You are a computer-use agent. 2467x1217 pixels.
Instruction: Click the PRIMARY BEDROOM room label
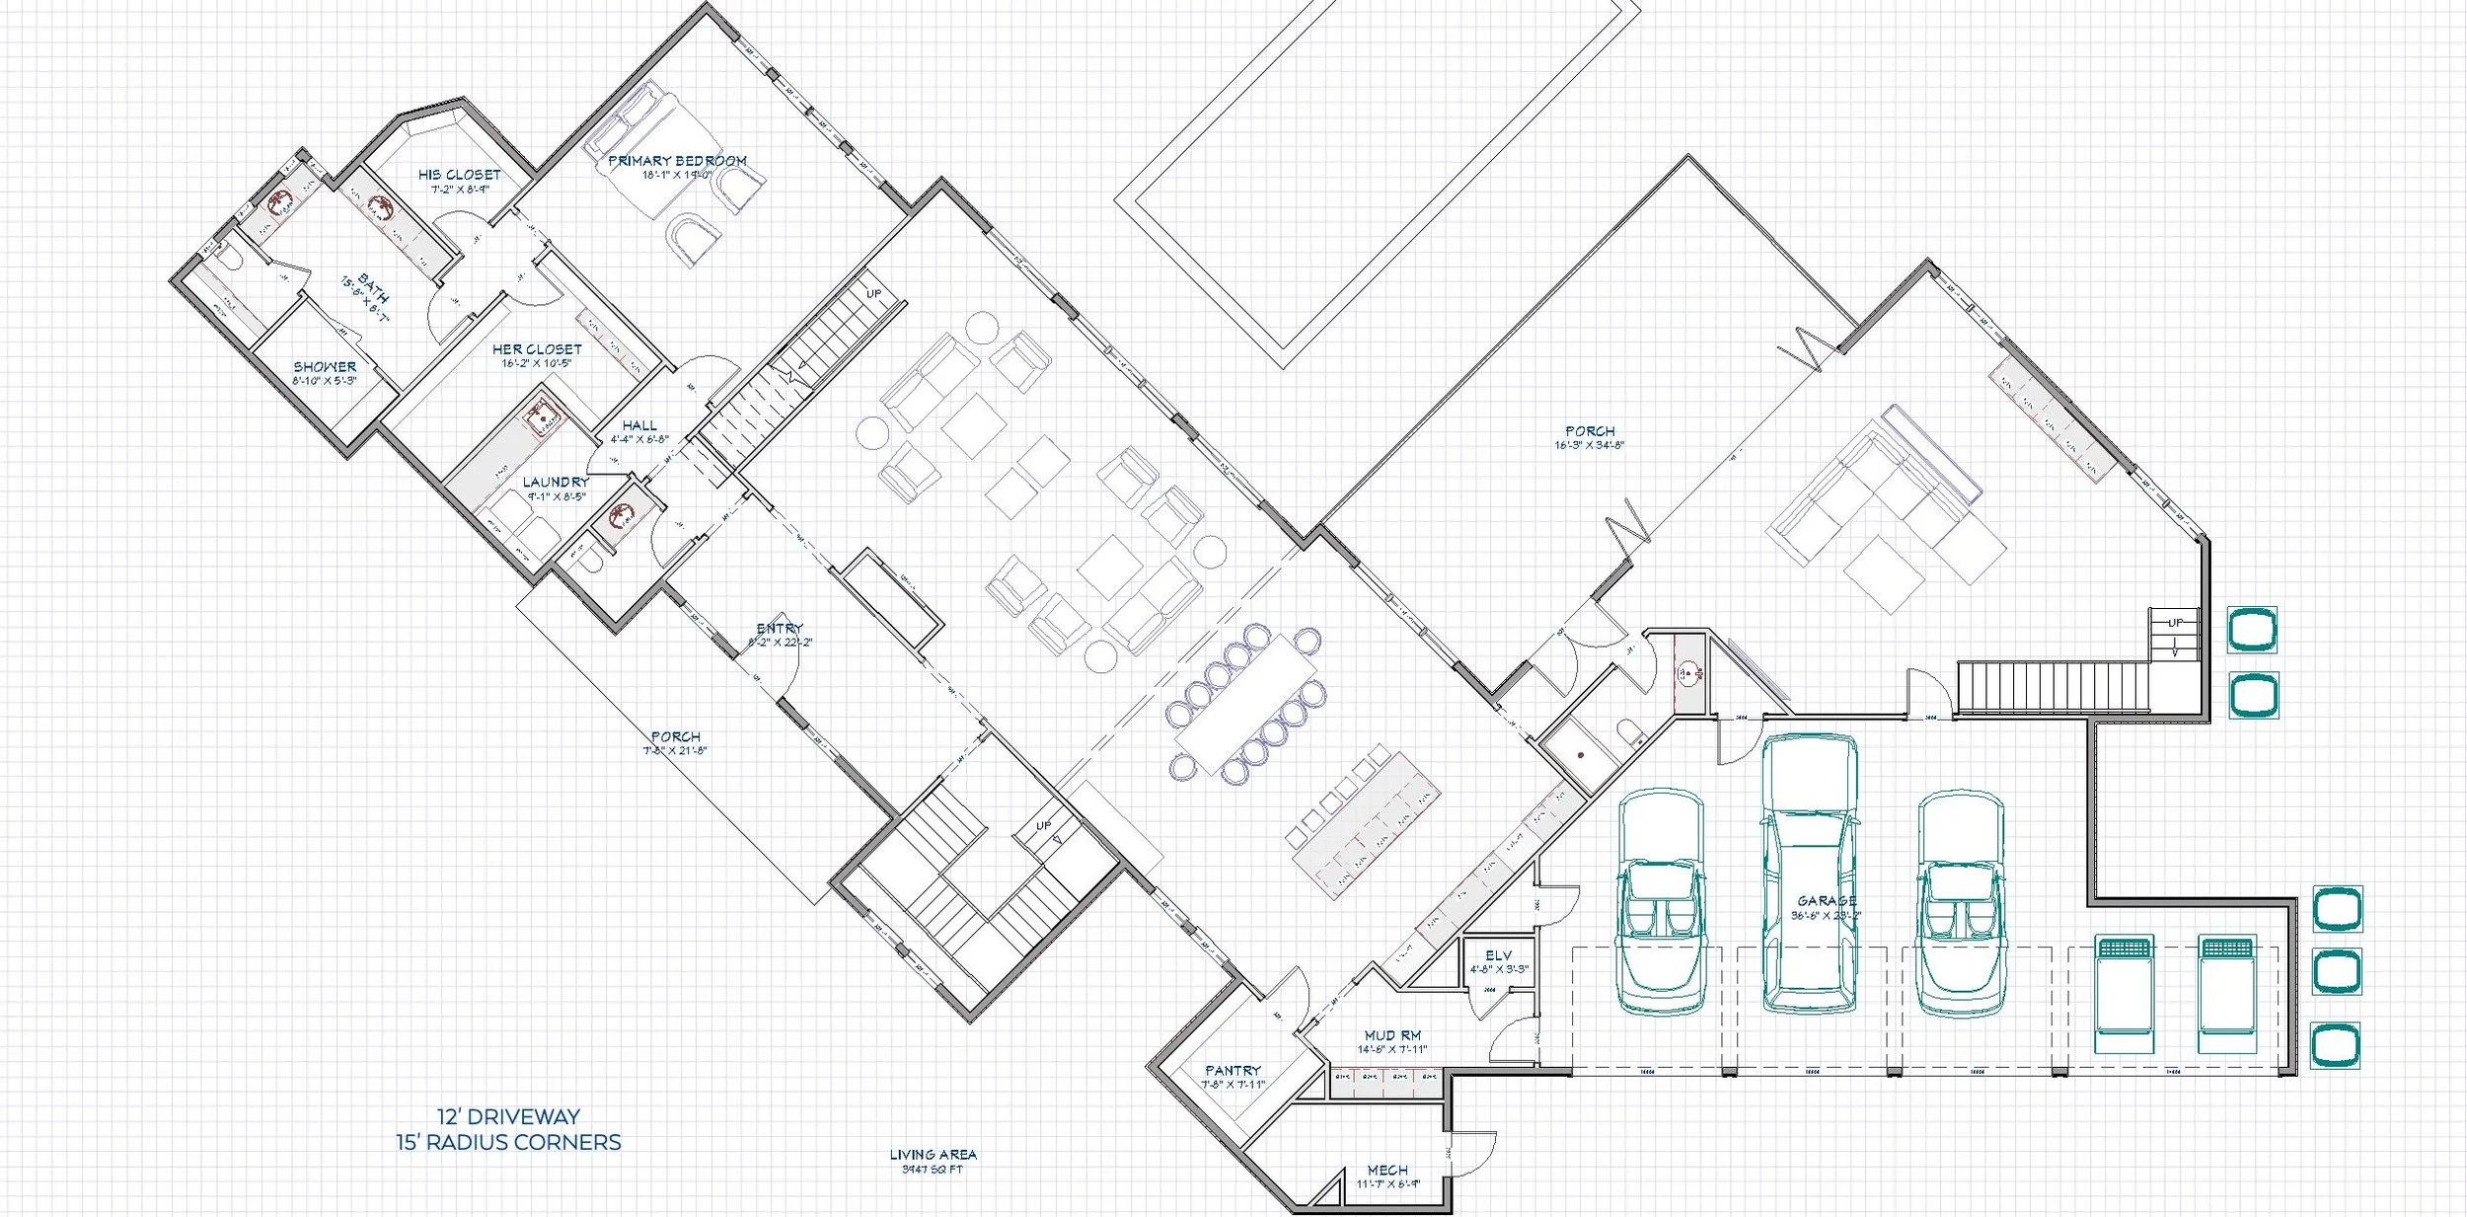click(677, 161)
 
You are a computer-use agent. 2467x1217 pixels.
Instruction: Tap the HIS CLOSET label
click(459, 175)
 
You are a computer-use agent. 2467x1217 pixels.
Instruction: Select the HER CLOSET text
click(537, 349)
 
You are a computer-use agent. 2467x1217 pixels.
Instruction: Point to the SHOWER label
click(325, 367)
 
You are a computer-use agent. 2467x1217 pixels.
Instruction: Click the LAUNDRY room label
click(556, 483)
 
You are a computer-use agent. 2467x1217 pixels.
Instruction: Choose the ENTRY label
click(780, 629)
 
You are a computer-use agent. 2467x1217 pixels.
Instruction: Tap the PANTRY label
click(1233, 1071)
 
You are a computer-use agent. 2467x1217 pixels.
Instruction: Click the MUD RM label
click(1392, 1036)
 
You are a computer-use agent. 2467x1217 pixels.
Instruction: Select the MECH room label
click(1387, 1171)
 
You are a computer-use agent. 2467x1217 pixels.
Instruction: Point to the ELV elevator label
click(1498, 956)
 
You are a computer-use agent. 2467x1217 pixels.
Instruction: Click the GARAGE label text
click(1827, 901)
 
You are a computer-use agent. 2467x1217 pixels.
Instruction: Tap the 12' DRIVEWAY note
click(508, 1117)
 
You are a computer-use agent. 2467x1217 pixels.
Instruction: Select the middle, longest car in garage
click(1810, 874)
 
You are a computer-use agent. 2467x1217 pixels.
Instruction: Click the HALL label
click(639, 426)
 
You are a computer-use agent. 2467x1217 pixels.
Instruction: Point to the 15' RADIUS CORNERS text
click(508, 1143)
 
